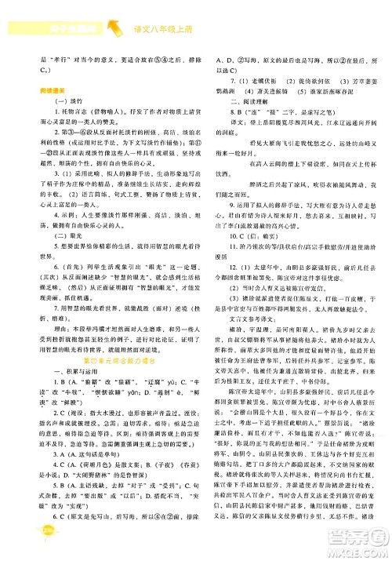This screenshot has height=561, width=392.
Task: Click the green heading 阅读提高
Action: pos(56,89)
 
